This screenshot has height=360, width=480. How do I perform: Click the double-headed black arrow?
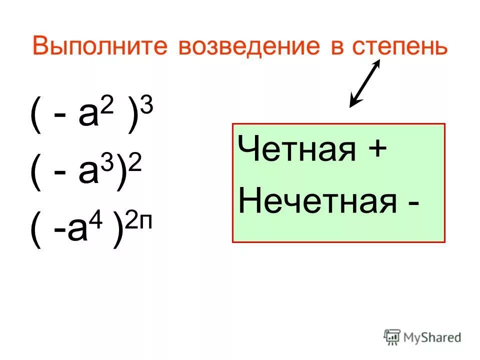click(365, 83)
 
